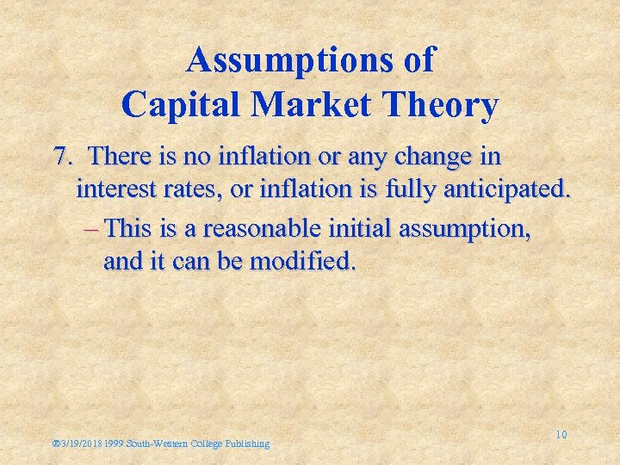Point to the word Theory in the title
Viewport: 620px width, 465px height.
(446, 105)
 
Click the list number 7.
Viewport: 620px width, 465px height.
(61, 158)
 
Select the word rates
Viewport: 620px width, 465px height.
(201, 189)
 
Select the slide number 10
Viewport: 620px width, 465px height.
(561, 435)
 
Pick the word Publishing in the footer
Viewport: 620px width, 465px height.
(246, 443)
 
